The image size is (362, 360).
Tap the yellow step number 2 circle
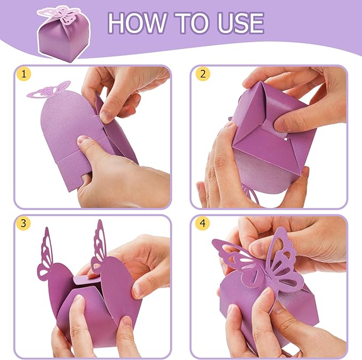tap(202, 75)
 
